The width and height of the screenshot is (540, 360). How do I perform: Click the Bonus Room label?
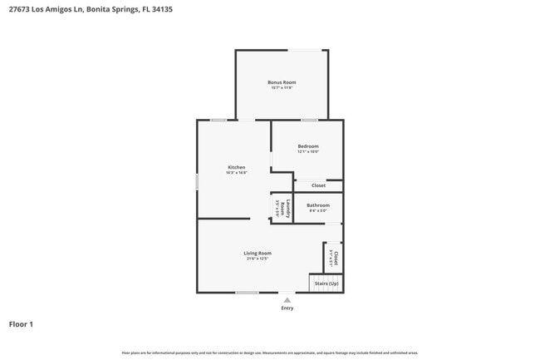point(282,82)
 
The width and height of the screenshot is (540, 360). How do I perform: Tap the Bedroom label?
point(308,146)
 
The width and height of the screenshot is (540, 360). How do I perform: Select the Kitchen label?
point(237,167)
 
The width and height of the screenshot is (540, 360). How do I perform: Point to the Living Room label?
point(258,253)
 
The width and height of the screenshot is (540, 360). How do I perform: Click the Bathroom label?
point(318,205)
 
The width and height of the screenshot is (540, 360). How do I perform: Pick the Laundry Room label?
point(282,208)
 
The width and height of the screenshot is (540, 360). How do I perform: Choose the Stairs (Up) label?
point(326,284)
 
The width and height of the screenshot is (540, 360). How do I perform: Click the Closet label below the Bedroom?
point(319,185)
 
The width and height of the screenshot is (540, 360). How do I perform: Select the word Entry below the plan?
point(287,308)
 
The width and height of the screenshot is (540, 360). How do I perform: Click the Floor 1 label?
point(21,324)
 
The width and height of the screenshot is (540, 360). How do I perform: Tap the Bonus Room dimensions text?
point(282,88)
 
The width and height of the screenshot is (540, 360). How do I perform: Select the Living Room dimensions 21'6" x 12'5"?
point(258,259)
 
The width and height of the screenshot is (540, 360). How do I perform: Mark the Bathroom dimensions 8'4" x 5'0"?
point(318,211)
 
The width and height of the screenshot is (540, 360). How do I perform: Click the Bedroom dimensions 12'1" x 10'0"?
point(308,152)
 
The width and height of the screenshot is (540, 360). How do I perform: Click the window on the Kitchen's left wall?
point(197,181)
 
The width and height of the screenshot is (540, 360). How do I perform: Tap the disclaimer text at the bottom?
point(270,353)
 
